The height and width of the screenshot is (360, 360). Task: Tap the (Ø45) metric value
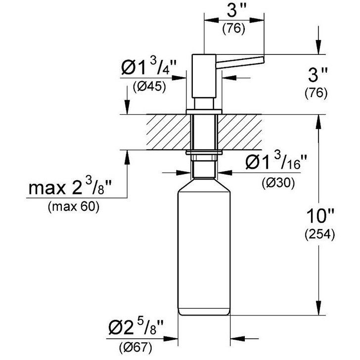149,88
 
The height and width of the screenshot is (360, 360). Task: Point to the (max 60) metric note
74,207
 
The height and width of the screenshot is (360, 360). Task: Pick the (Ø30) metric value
278,183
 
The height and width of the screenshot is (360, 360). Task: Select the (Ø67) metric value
135,348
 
